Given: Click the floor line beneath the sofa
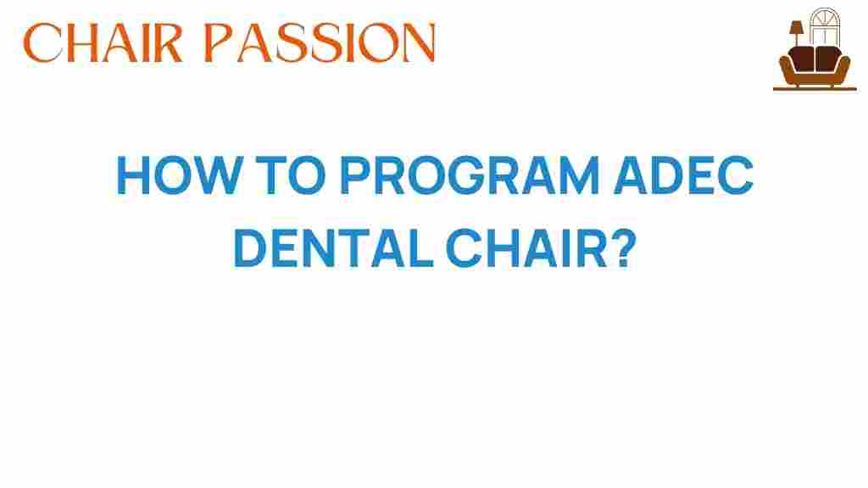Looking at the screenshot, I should click(815, 89).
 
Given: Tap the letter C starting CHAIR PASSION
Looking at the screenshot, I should click(42, 42).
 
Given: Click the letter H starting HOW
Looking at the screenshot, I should click(132, 179).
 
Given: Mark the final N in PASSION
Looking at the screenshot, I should click(417, 42).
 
